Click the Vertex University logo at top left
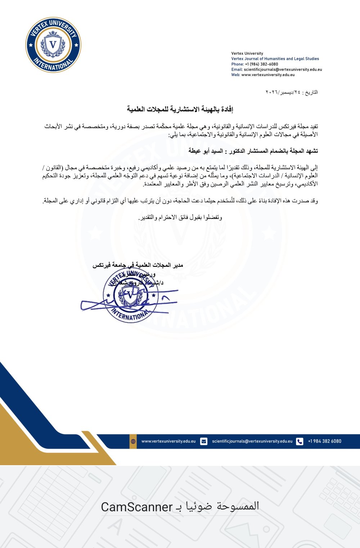click(x=53, y=45)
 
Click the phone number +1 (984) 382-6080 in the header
click(x=261, y=64)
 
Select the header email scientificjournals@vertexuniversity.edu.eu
click(x=283, y=69)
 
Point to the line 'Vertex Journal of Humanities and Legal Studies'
click(x=275, y=59)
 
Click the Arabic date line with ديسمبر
click(x=292, y=92)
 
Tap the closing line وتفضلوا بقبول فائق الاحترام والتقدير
click(x=180, y=217)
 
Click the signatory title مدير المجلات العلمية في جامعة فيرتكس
click(x=138, y=265)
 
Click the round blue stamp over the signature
click(x=130, y=295)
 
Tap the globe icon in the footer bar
click(x=133, y=441)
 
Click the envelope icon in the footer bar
click(x=204, y=441)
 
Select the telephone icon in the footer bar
click(x=300, y=441)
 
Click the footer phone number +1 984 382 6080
click(x=324, y=441)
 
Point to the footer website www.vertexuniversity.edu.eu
click(x=168, y=441)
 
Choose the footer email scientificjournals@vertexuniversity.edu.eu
click(x=252, y=441)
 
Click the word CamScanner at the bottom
click(x=137, y=507)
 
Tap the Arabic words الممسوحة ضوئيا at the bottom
click(x=222, y=506)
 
